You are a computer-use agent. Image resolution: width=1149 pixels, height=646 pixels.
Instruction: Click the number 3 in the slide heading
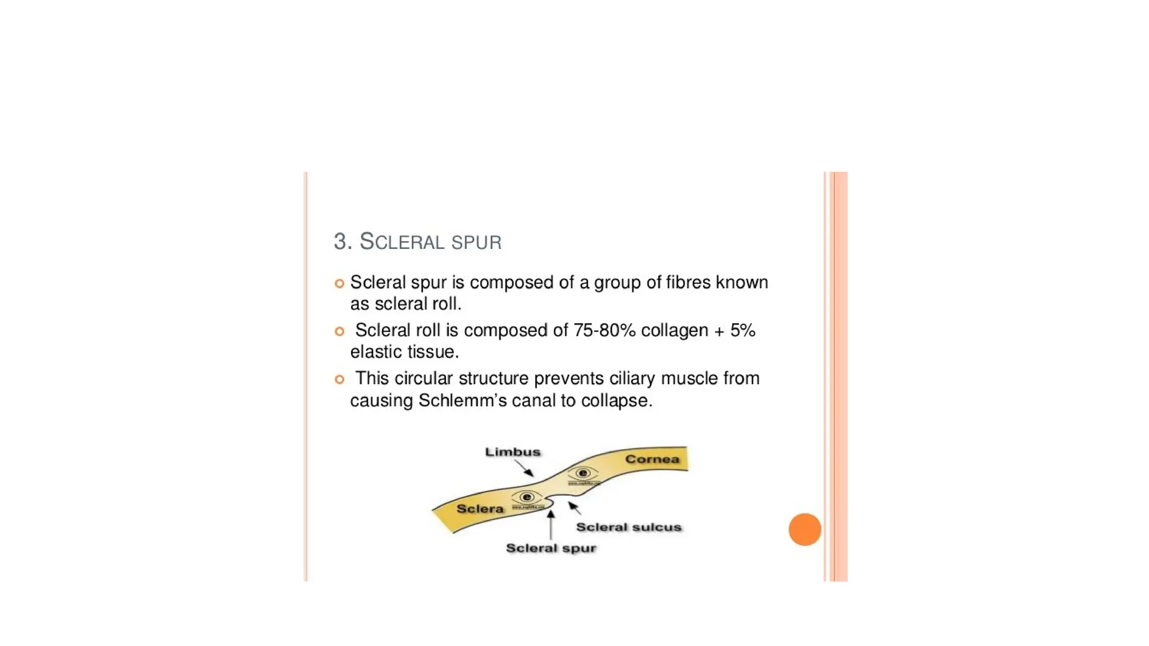click(x=340, y=242)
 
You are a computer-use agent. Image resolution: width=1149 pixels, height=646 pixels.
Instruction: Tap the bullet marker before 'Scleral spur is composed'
click(x=339, y=284)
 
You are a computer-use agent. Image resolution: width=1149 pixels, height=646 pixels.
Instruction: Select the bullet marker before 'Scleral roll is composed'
click(x=339, y=331)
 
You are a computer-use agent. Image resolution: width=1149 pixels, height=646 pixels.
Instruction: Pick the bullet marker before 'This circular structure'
click(x=339, y=380)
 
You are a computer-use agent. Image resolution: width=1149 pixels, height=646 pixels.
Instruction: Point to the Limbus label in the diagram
click(x=513, y=452)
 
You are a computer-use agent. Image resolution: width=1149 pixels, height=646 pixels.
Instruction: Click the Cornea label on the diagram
click(x=652, y=459)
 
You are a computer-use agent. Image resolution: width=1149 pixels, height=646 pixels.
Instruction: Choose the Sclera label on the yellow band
click(x=480, y=509)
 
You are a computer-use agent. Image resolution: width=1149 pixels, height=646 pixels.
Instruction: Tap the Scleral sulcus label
click(x=628, y=527)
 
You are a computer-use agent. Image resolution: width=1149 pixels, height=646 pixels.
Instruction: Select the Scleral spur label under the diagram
click(x=551, y=548)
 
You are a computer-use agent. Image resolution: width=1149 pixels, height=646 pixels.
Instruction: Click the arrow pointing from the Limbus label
click(x=525, y=468)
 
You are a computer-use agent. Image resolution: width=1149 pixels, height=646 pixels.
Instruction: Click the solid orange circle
click(x=805, y=529)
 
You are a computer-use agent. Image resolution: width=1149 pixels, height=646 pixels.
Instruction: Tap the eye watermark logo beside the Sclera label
click(x=526, y=497)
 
